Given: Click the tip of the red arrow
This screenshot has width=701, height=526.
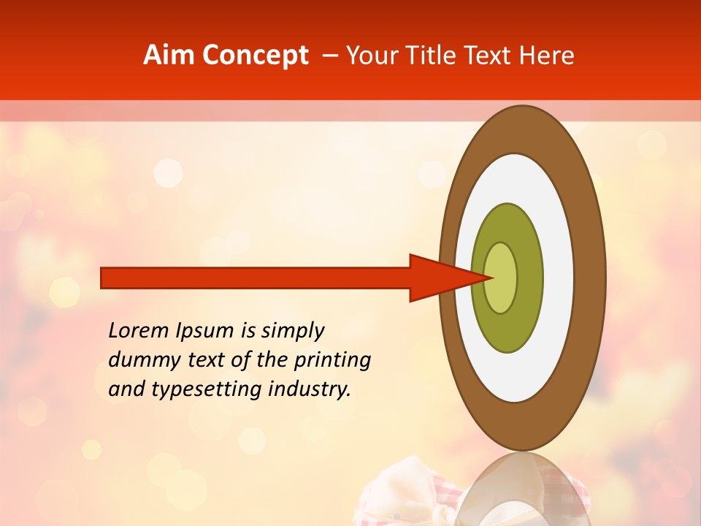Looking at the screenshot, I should pyautogui.click(x=492, y=278).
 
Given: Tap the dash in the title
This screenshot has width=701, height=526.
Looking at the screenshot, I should pyautogui.click(x=329, y=56).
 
